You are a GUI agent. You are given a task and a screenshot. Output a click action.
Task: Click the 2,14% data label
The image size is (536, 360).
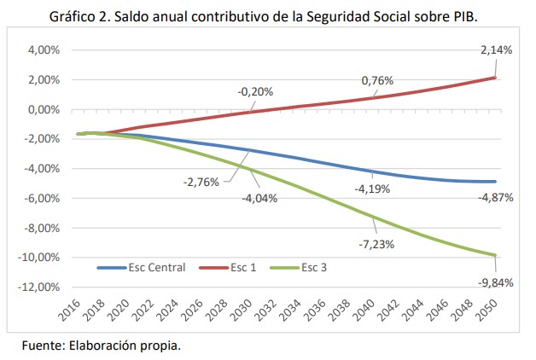(496, 50)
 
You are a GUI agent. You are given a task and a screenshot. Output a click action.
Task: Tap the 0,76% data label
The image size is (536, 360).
(376, 81)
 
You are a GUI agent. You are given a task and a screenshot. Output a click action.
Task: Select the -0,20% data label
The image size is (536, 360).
(255, 91)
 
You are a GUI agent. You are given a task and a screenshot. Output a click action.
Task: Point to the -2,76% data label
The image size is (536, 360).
(201, 182)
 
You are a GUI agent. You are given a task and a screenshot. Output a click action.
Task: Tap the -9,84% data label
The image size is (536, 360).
(495, 283)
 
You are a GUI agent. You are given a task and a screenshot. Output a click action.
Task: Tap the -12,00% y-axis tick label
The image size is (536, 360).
(41, 286)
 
